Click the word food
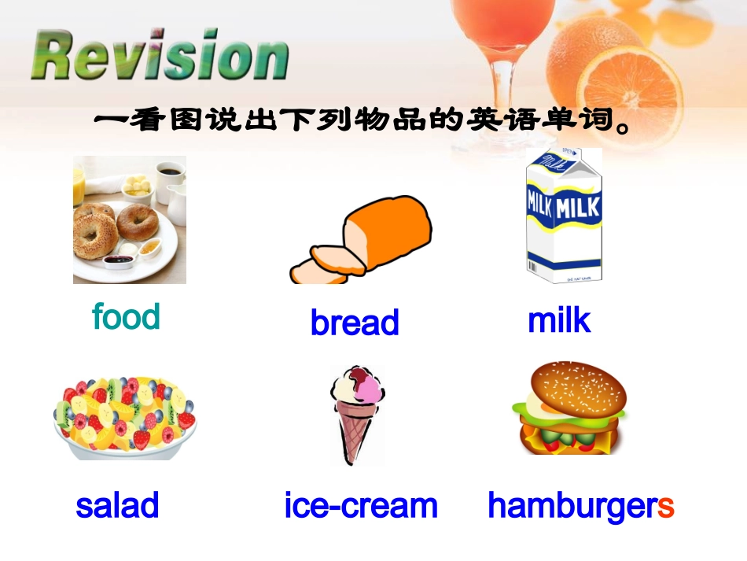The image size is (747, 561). pos(126,316)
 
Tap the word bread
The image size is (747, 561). pos(355,323)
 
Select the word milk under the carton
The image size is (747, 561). pos(559,321)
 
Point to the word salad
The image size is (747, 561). pos(117,505)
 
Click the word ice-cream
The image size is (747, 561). pos(361,505)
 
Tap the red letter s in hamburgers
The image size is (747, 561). pos(666,506)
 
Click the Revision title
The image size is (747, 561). pos(160,56)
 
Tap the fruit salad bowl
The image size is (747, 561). pos(124,417)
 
